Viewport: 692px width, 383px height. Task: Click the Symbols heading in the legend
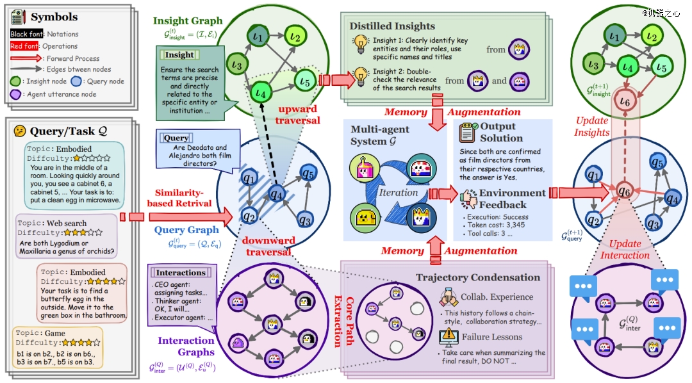tap(54, 17)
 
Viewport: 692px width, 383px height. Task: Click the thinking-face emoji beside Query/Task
tap(20, 131)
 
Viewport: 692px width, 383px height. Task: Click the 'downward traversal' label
tap(268, 245)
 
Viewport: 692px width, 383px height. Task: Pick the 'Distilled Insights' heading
tap(392, 26)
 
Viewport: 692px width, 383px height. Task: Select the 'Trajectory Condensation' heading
tap(477, 277)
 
